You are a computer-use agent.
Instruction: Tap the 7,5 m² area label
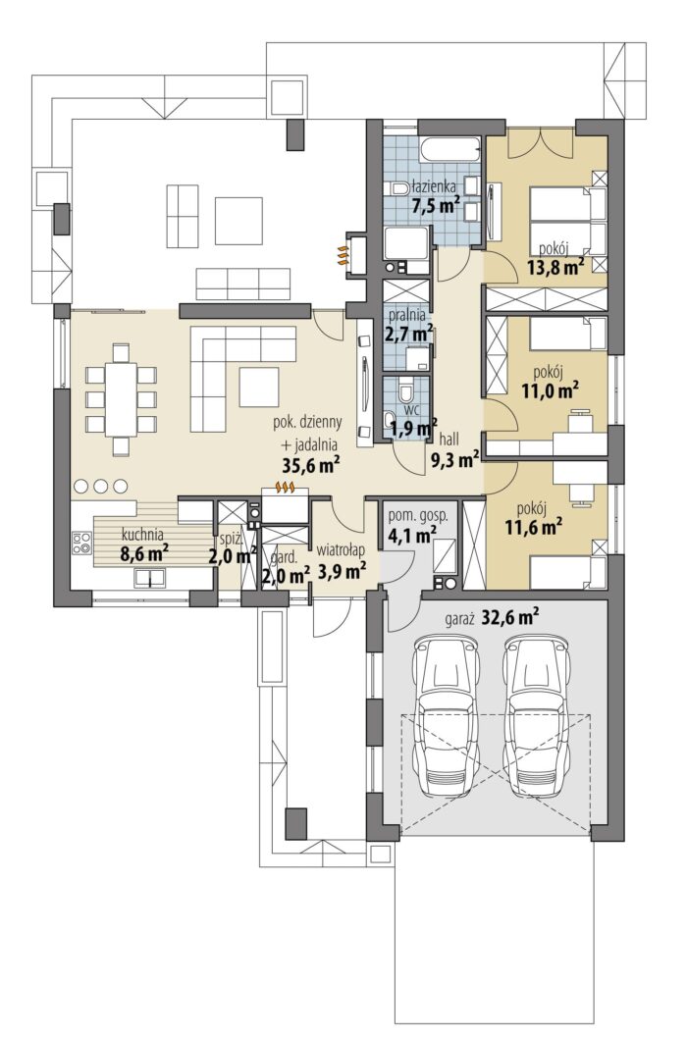pos(436,204)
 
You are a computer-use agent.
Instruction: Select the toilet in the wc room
pos(405,391)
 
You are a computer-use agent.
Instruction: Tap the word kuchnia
pos(142,536)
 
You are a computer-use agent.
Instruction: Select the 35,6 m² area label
pos(311,465)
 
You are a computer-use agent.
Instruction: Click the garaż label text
pos(461,620)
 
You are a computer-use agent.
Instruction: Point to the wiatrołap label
pos(341,550)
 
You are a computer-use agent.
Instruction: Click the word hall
pos(449,439)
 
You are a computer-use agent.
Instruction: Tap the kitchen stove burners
pos(81,545)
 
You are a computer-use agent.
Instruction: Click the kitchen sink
pos(150,578)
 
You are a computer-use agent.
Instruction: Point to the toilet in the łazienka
pos(398,188)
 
